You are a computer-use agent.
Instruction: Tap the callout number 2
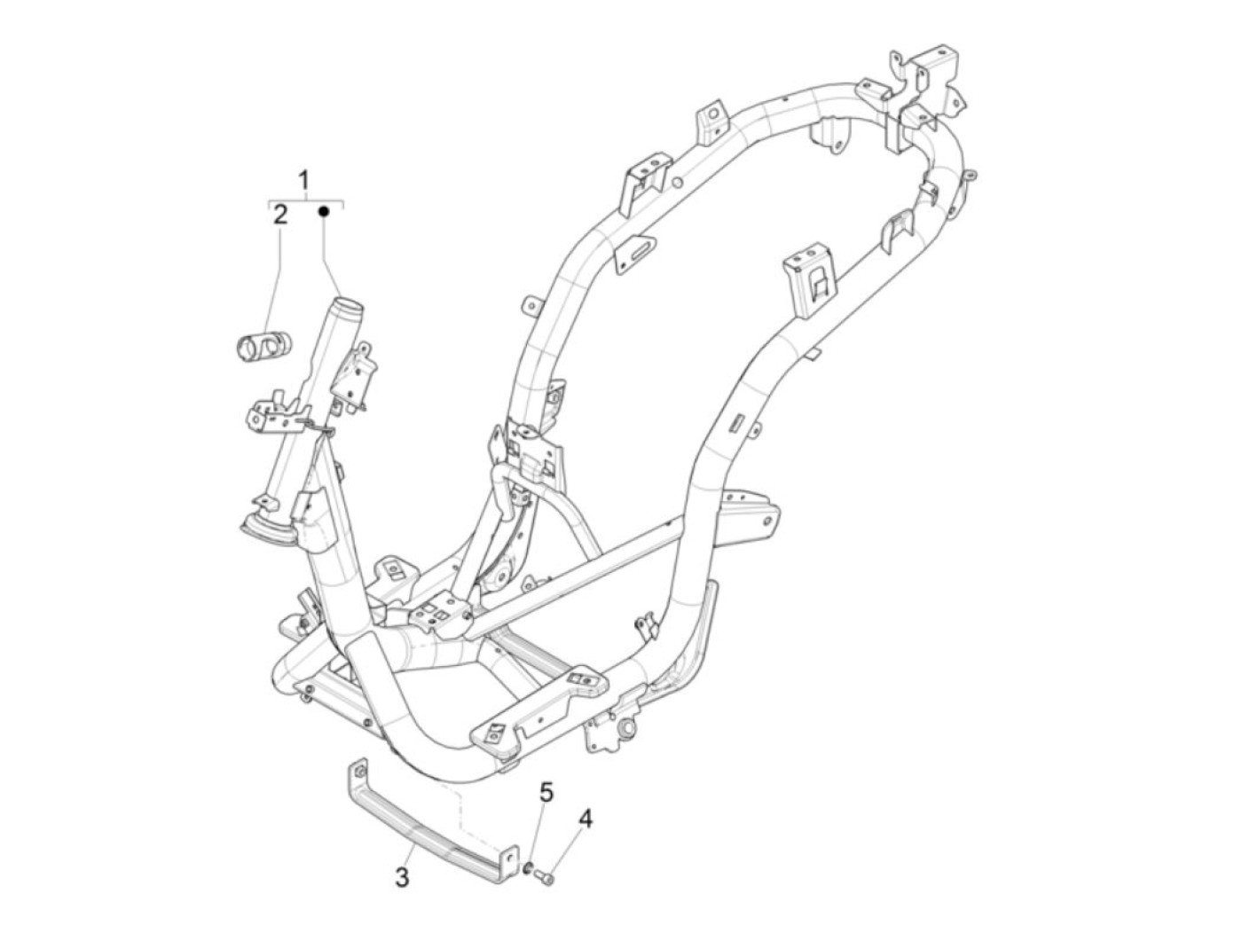[279, 214]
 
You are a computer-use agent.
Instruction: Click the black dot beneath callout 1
[324, 212]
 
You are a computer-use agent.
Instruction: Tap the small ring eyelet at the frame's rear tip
[971, 175]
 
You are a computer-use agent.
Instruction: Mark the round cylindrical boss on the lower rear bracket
[629, 729]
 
